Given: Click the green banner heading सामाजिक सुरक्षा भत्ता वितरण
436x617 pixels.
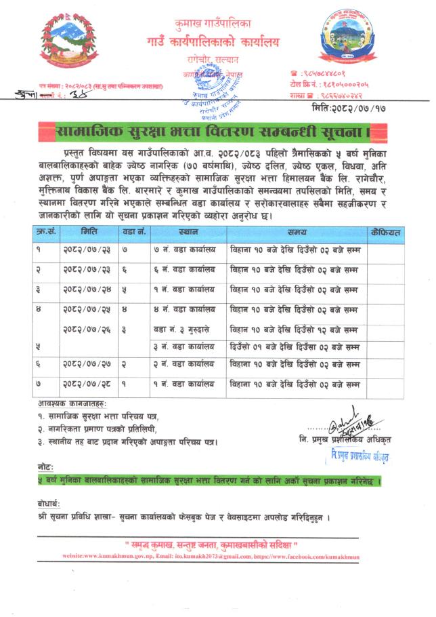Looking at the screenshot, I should tap(217, 130).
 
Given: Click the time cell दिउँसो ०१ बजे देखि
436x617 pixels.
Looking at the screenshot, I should tap(294, 348).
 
